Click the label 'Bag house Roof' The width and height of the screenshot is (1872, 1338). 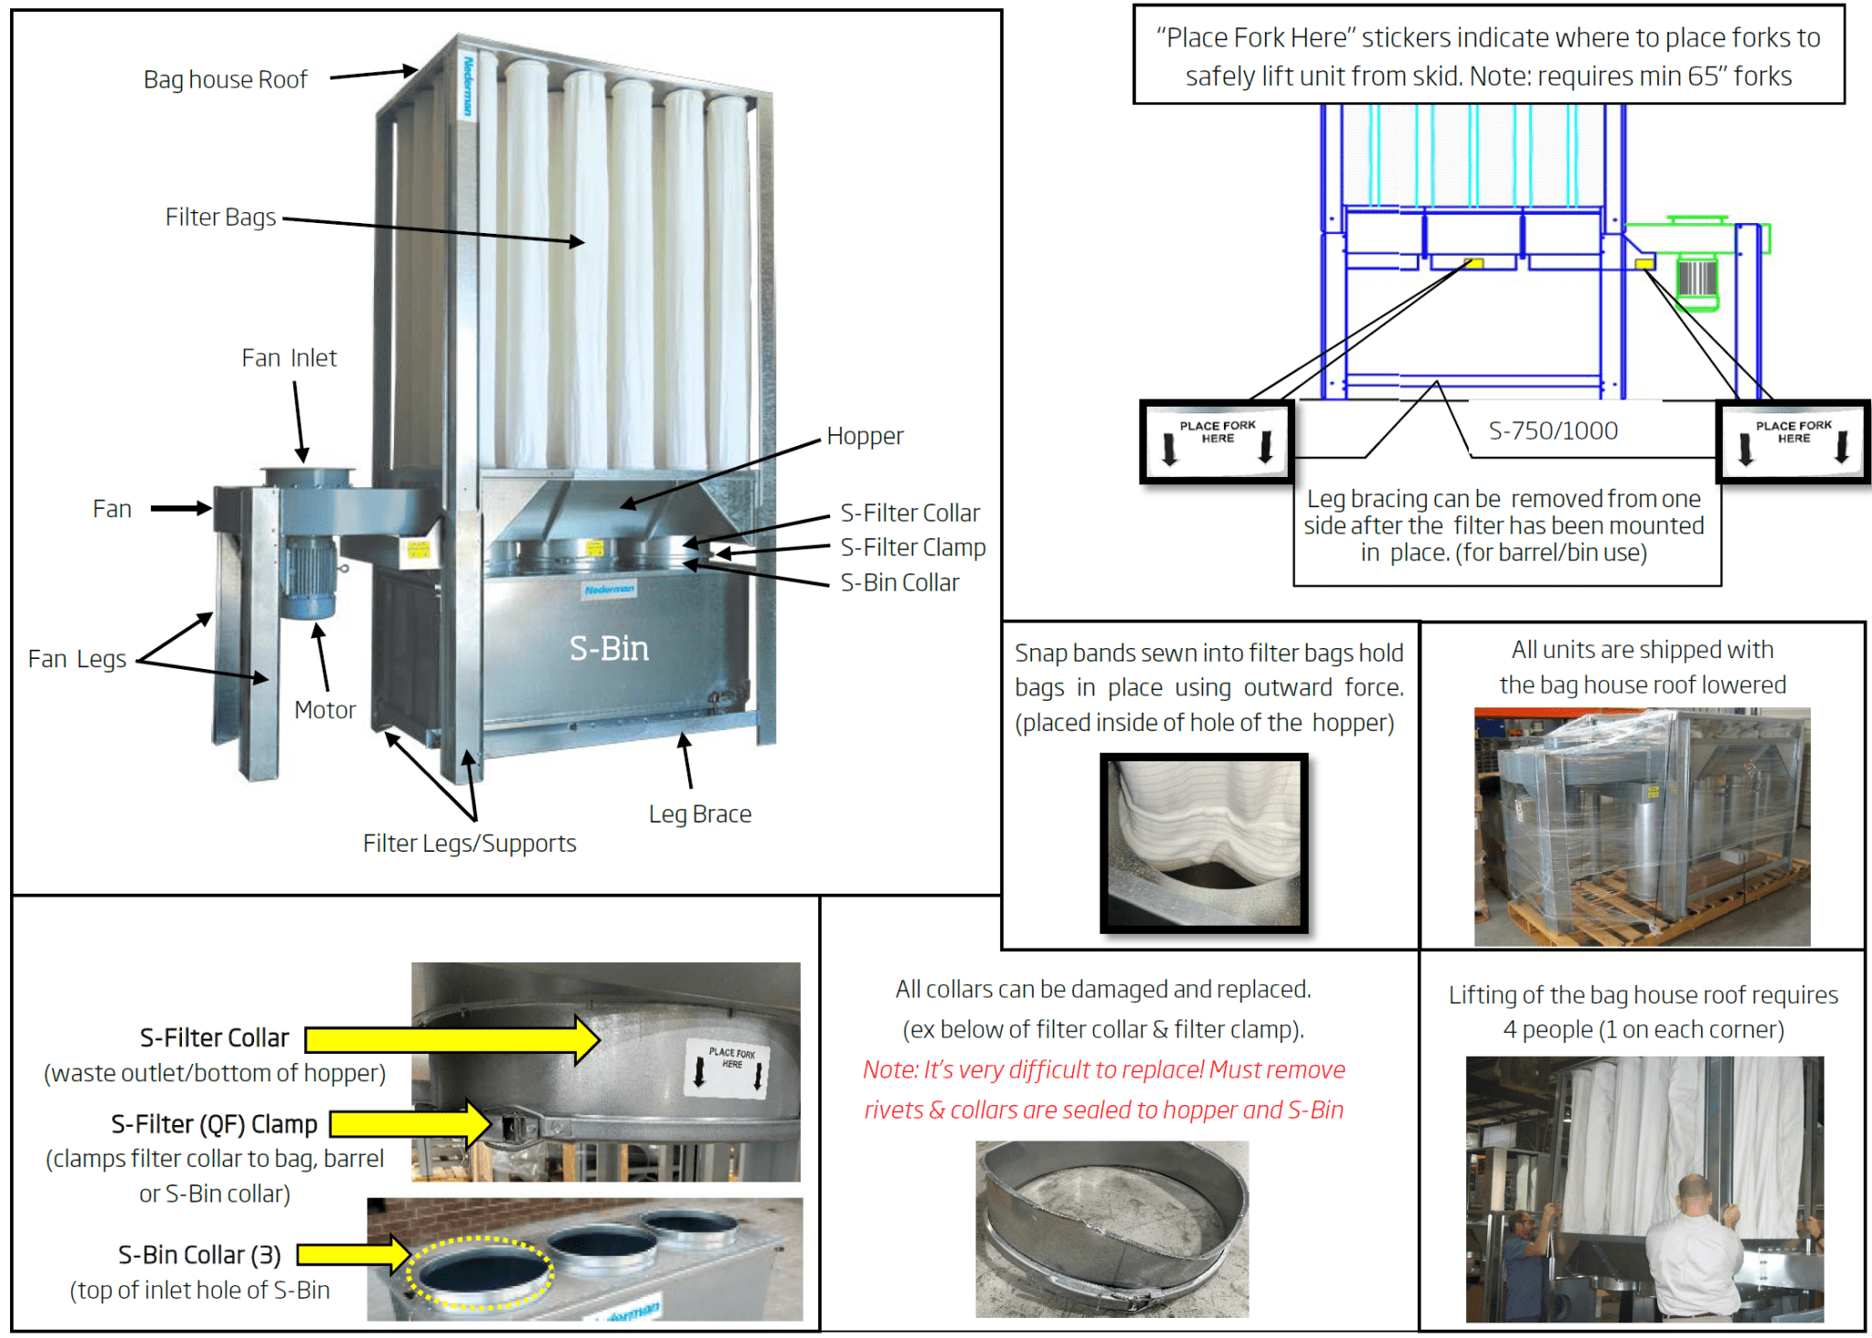tap(225, 80)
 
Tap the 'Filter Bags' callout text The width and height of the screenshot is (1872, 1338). tap(220, 217)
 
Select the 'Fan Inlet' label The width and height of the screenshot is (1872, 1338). tap(289, 357)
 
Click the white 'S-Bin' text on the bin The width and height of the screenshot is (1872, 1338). tap(609, 648)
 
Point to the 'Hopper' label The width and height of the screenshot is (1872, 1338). tap(865, 436)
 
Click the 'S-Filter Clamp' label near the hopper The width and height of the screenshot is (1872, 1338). tap(912, 547)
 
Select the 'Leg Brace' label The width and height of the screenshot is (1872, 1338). tap(700, 813)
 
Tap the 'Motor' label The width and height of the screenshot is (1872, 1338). tap(324, 709)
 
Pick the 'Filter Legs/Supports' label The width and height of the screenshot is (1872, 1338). tap(469, 843)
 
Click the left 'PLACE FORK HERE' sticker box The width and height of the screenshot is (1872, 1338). tap(1217, 441)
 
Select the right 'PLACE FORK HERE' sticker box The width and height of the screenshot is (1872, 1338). tap(1792, 441)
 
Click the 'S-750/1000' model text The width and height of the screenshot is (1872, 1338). tap(1553, 430)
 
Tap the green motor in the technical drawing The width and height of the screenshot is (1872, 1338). tap(1697, 280)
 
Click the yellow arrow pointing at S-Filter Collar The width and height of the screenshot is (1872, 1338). tap(452, 1039)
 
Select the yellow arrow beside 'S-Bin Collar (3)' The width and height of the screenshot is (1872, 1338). tap(353, 1255)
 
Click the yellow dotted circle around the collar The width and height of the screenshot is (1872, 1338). tap(480, 1273)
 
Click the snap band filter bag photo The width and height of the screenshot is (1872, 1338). tap(1204, 843)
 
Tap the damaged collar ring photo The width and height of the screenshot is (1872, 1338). tap(1111, 1228)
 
